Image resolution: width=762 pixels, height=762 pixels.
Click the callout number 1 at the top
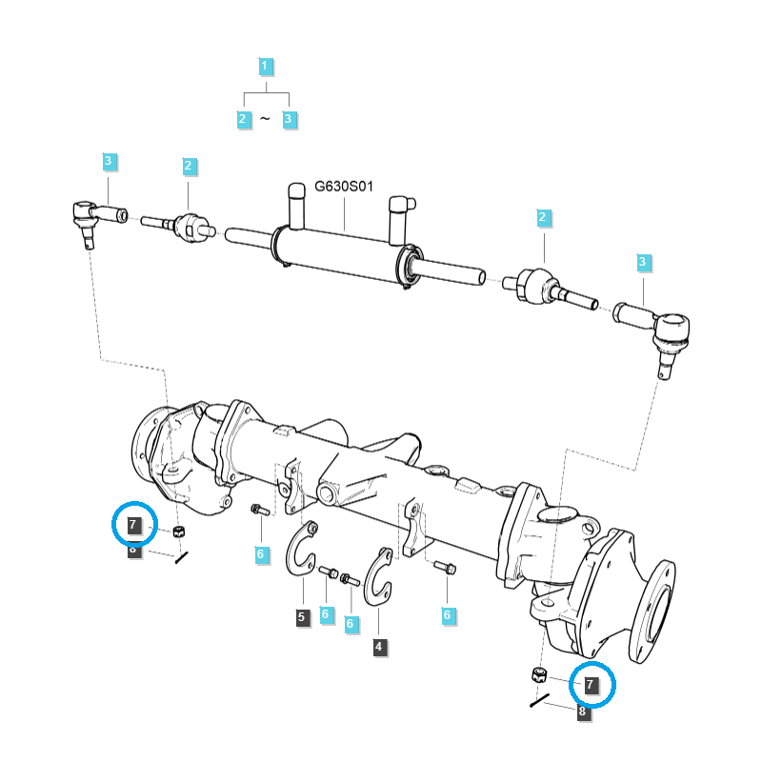click(x=265, y=66)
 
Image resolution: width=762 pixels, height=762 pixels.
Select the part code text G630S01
click(x=344, y=187)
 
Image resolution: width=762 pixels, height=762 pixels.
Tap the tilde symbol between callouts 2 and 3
click(x=265, y=118)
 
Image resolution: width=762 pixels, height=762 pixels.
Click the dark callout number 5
click(x=302, y=617)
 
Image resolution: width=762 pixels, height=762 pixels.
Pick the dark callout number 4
click(x=379, y=647)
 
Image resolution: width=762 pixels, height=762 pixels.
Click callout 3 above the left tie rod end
click(x=109, y=161)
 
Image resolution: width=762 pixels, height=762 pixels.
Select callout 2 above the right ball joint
click(x=543, y=217)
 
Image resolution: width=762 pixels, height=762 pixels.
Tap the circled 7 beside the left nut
click(x=133, y=525)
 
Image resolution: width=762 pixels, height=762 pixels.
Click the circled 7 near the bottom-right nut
click(x=591, y=685)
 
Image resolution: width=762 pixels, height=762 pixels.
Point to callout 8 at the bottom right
click(x=583, y=712)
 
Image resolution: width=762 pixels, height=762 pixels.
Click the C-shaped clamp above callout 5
click(x=301, y=550)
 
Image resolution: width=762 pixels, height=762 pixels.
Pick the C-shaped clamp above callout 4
click(x=378, y=577)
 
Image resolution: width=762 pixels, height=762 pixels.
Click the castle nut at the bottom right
click(x=539, y=674)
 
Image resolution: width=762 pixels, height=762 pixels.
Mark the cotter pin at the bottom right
click(x=539, y=700)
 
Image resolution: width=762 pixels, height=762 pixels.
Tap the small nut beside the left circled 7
click(x=179, y=531)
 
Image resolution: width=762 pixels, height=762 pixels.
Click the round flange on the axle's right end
click(x=652, y=612)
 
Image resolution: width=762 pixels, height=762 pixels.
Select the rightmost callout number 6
click(x=448, y=615)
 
